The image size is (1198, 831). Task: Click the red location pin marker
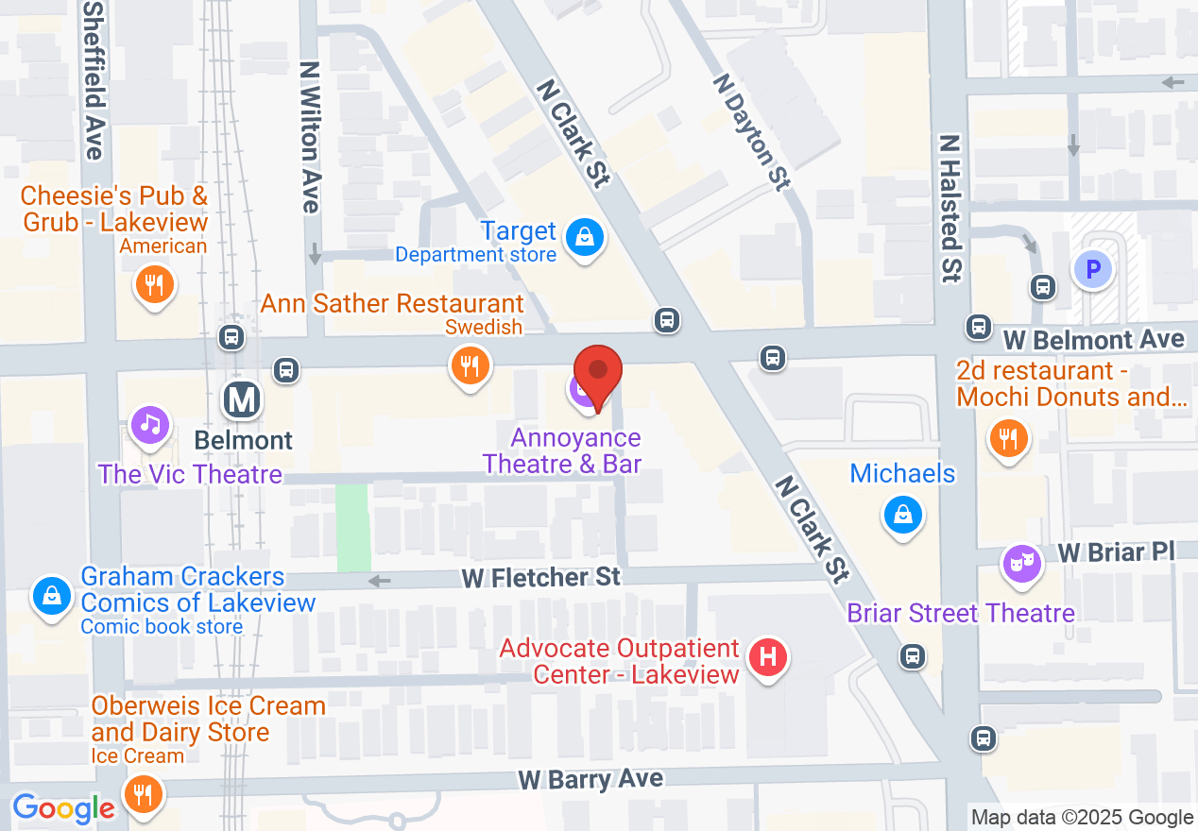[x=598, y=372]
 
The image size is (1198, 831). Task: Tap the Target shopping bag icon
[x=585, y=237]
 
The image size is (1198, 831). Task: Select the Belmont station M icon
[x=243, y=400]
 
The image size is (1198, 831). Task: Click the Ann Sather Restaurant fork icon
[x=469, y=364]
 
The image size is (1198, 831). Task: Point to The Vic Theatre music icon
[x=149, y=424]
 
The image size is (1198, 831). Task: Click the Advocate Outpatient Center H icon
[x=768, y=656]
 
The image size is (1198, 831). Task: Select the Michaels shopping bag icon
[x=903, y=515]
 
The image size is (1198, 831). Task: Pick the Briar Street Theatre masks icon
[x=1022, y=564]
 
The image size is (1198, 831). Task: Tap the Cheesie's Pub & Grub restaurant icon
[x=153, y=282]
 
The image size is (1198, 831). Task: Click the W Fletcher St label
[x=541, y=576]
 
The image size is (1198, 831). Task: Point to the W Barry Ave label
[x=590, y=780]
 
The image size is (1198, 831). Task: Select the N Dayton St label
[x=751, y=132]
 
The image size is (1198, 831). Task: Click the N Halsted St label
[x=950, y=208]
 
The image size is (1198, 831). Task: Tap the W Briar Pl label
[x=1115, y=551]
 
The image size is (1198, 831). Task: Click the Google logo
[x=63, y=808]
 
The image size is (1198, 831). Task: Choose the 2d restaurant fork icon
[x=1009, y=437]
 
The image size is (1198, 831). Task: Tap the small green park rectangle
[x=353, y=528]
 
